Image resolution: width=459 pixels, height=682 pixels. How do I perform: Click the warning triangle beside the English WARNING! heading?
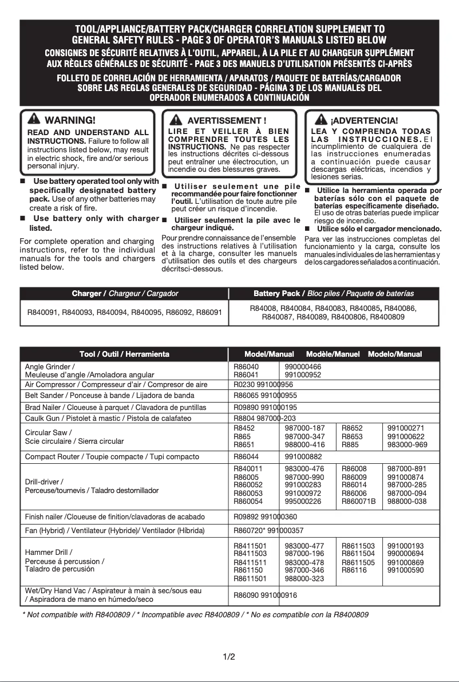point(34,120)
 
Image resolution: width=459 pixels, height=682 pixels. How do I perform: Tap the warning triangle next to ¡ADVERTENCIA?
point(322,120)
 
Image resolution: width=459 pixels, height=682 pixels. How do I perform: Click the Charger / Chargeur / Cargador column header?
point(125,294)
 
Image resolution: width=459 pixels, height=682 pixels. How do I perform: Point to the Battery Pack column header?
point(334,294)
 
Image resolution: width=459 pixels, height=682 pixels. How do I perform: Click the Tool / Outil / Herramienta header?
point(125,354)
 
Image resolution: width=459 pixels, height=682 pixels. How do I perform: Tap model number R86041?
point(247,374)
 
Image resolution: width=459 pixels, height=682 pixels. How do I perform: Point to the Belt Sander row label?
point(110,396)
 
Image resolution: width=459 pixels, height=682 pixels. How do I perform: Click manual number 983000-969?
point(407,444)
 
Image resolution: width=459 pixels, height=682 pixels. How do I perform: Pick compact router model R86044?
point(247,456)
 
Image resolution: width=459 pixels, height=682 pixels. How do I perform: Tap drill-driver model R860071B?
point(359,501)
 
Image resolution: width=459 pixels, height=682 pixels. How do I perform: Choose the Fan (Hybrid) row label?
point(114,530)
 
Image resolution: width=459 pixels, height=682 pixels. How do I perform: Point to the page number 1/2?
point(229,656)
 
